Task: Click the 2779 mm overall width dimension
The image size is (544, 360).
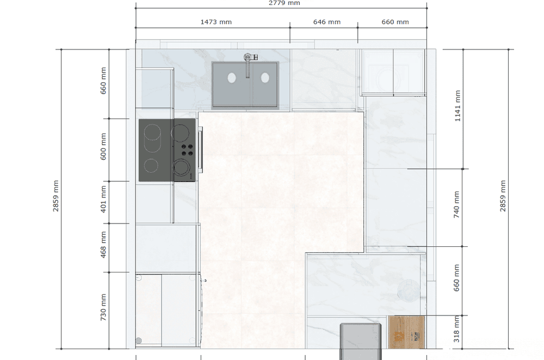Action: tap(284, 3)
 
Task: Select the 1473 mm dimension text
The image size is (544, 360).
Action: tap(216, 22)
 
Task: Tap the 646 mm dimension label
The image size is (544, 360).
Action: tap(327, 22)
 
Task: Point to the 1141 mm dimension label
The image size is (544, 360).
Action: tap(458, 106)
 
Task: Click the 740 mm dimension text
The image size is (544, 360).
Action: tap(456, 204)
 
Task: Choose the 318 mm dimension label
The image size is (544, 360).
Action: tap(456, 329)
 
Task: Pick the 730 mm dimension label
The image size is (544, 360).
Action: tap(103, 307)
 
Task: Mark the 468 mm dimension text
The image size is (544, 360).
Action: tap(103, 245)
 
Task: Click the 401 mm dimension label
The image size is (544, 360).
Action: tap(103, 199)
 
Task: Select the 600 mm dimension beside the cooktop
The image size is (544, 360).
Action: tap(103, 147)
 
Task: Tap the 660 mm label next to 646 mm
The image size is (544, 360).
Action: tap(395, 22)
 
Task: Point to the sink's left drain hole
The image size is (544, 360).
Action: tap(232, 78)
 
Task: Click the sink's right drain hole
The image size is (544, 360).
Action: tap(265, 78)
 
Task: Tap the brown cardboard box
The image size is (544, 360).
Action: tap(406, 332)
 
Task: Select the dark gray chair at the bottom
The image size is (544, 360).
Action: tap(361, 342)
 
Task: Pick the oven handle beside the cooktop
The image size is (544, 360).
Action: tap(200, 150)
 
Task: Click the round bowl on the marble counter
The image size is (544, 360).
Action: tap(409, 290)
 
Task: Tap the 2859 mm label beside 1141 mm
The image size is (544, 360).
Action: tap(503, 196)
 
